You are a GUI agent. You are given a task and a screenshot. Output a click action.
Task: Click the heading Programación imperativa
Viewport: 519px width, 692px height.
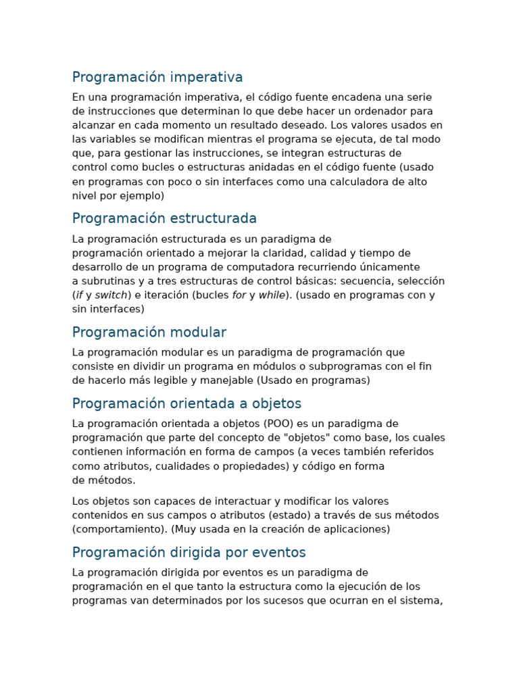pyautogui.click(x=157, y=77)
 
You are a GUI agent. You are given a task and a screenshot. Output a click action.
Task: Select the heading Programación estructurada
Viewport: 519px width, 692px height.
pyautogui.click(x=164, y=218)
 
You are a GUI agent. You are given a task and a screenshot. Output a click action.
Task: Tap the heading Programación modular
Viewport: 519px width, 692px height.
pyautogui.click(x=149, y=332)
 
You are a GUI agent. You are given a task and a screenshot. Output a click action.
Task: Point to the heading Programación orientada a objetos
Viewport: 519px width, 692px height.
pyautogui.click(x=187, y=403)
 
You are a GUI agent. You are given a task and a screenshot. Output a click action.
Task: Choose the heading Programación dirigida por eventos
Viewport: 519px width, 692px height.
pyautogui.click(x=189, y=553)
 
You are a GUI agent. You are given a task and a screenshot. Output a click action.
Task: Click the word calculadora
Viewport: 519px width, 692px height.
pyautogui.click(x=359, y=182)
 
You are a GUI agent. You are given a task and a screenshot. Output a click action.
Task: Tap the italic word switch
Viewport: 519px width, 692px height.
pyautogui.click(x=112, y=295)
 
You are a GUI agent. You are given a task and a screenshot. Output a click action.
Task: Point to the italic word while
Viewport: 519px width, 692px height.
pyautogui.click(x=272, y=295)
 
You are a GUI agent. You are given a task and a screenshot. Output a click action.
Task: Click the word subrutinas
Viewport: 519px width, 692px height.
pyautogui.click(x=107, y=281)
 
